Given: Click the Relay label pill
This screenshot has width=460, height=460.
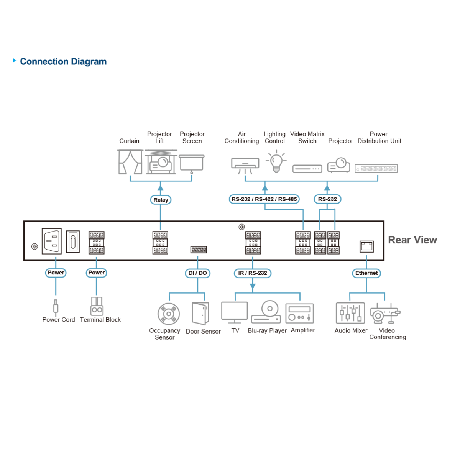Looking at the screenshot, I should [161, 200].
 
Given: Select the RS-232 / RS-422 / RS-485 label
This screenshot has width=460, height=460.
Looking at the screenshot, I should [264, 199].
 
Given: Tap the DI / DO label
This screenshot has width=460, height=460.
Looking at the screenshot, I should [197, 273].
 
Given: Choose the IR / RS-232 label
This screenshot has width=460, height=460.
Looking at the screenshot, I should [252, 273].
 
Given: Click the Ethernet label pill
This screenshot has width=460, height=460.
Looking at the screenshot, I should [366, 273].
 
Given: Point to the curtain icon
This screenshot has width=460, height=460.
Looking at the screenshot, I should [130, 162].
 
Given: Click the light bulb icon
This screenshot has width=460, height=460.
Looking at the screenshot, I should [276, 162].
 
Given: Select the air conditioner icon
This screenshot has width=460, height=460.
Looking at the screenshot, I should [245, 164].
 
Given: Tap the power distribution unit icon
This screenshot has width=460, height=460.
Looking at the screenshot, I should [376, 169].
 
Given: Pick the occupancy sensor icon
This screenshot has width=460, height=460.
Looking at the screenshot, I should [168, 314].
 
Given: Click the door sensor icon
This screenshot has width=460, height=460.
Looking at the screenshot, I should [200, 314].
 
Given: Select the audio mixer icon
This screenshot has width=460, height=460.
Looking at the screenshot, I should [350, 313].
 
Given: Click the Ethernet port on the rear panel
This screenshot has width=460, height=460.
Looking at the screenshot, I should [367, 246].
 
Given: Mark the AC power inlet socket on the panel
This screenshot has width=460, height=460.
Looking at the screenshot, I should [52, 241].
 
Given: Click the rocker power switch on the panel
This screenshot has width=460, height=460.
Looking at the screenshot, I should [73, 242].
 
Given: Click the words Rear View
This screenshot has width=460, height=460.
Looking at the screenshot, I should [412, 240].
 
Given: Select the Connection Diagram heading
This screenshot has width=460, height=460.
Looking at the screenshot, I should [63, 62].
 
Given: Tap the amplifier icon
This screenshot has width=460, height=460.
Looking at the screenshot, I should [300, 313].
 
